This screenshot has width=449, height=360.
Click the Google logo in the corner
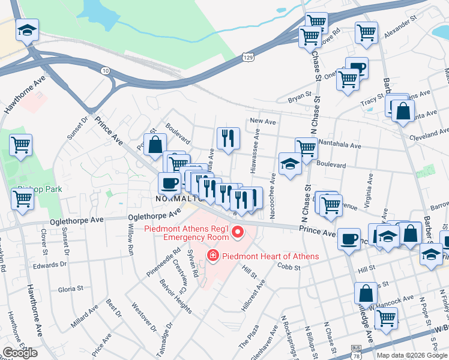19,353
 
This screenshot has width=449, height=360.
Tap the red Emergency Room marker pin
237,232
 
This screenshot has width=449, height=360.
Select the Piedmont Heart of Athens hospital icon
212,256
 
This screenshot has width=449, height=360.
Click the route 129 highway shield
249,57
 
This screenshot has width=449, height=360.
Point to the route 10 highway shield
106,71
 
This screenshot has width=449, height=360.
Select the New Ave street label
262,121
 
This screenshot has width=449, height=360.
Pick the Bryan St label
300,95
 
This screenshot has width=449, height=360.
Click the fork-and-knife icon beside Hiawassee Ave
228,139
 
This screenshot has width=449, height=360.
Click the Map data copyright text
412,355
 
